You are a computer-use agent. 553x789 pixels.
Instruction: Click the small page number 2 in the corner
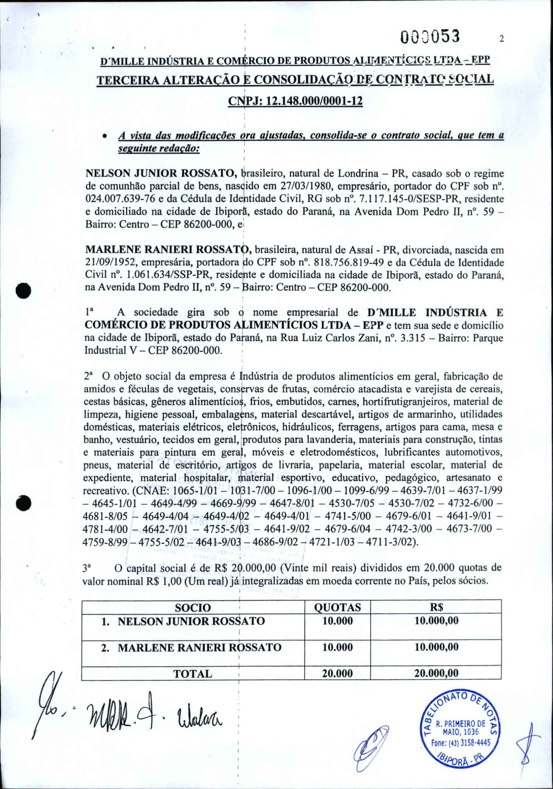coord(502,39)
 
